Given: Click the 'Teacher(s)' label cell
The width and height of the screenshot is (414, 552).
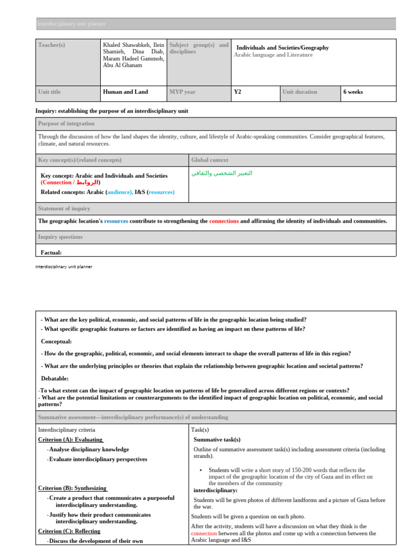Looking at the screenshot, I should click(x=51, y=45).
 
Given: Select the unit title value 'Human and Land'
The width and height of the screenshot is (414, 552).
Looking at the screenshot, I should click(x=125, y=92).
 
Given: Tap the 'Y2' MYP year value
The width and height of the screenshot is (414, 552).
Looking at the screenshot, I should click(x=238, y=92).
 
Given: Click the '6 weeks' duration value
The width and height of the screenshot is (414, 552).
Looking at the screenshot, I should click(x=353, y=92).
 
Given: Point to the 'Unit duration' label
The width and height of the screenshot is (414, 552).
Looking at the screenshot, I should click(x=300, y=92).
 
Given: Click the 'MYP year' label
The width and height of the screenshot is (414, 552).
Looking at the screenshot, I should click(x=182, y=92).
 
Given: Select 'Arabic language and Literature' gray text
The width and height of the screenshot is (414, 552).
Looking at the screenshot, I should click(x=273, y=55).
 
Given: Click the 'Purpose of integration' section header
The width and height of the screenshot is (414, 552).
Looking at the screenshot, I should click(x=67, y=123).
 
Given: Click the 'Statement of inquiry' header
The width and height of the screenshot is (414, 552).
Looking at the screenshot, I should click(x=64, y=209).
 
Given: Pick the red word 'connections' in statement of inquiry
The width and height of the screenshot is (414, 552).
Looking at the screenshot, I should click(x=224, y=221).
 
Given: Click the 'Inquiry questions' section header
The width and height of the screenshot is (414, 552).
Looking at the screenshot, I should click(x=60, y=237).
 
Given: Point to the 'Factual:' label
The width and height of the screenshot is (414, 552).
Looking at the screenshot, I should click(x=51, y=252).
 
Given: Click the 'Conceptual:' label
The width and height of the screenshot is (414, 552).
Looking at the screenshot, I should click(x=57, y=341).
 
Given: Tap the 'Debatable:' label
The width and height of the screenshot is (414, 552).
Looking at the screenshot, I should click(x=55, y=378).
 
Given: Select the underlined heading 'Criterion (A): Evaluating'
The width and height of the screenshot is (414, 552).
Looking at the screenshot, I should click(x=70, y=439).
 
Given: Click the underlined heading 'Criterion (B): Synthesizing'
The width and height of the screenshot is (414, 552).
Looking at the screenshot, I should click(x=72, y=488).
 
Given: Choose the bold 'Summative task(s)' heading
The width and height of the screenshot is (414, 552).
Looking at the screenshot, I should click(x=217, y=440).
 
